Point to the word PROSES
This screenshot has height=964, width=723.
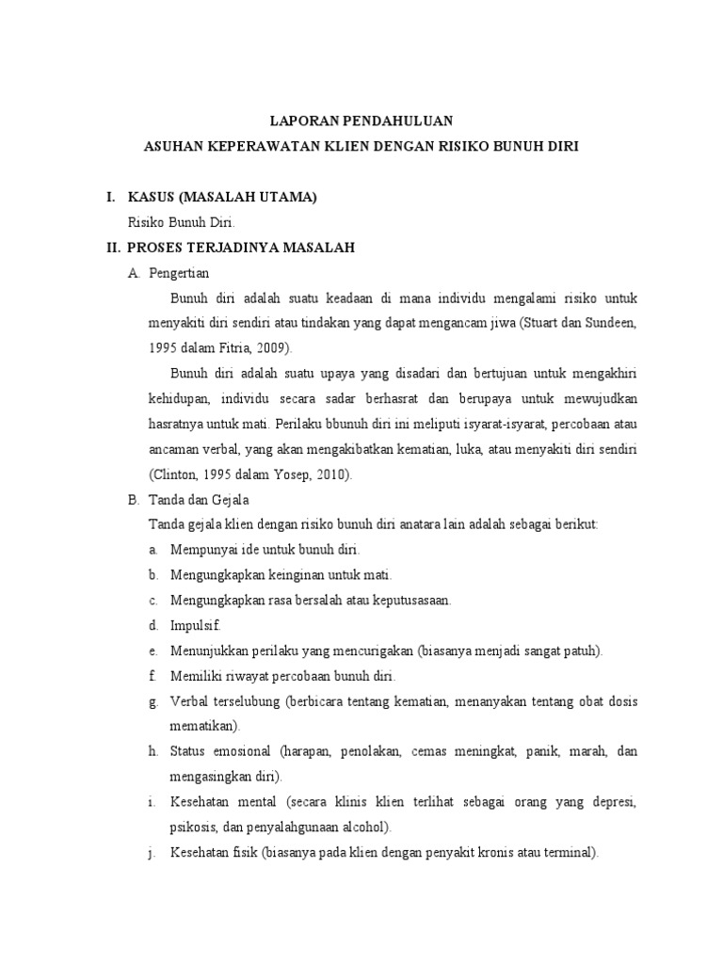pyautogui.click(x=158, y=248)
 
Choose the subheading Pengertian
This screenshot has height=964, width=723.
pyautogui.click(x=179, y=273)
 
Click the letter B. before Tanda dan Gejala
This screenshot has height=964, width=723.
pyautogui.click(x=133, y=501)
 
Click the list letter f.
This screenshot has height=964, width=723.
pyautogui.click(x=152, y=676)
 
